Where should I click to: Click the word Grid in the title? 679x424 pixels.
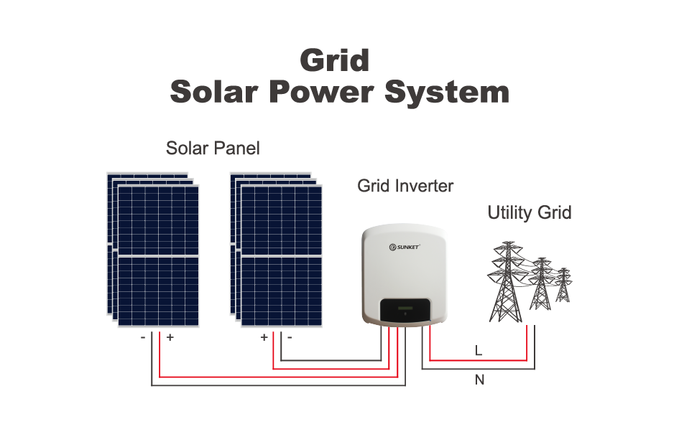[x=335, y=60]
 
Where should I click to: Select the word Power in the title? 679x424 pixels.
[x=320, y=93]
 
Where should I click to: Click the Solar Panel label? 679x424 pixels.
[x=213, y=149]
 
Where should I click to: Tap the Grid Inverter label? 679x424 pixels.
[x=405, y=187]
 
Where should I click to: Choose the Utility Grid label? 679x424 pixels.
[x=530, y=213]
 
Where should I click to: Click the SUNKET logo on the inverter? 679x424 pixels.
[x=405, y=247]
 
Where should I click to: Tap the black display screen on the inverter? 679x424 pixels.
[x=405, y=311]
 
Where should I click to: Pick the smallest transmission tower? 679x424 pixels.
[x=563, y=285]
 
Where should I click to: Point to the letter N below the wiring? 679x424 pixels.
[x=479, y=380]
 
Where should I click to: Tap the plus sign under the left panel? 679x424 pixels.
[x=170, y=337]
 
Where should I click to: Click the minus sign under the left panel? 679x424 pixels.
[x=144, y=337]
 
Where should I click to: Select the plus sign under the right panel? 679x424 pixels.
[x=264, y=337]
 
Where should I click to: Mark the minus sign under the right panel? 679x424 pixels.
[x=290, y=337]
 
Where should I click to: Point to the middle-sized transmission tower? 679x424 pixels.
[x=540, y=284]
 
